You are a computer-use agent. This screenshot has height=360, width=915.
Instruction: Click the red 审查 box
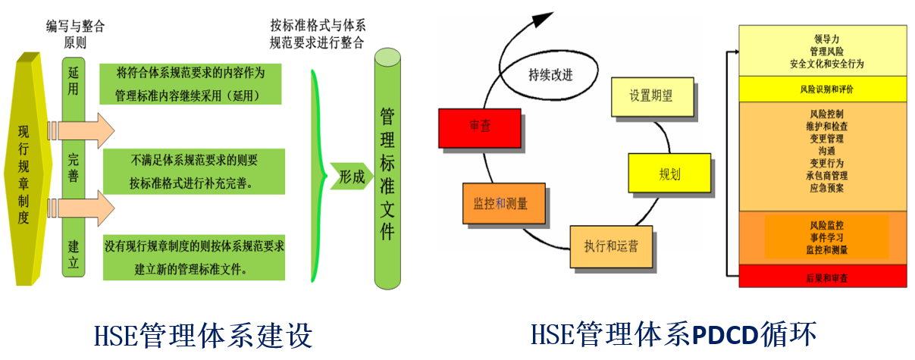coord(479,128)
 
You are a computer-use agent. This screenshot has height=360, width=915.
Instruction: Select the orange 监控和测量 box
coord(500,204)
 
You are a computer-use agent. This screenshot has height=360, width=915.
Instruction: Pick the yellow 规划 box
coord(669,174)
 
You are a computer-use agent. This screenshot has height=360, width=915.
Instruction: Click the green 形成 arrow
coord(351,177)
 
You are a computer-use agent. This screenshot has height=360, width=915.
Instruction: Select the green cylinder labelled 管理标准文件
coord(388,174)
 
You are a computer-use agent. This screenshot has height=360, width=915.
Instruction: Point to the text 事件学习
coord(826,237)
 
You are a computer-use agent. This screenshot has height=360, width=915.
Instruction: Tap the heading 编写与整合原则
coord(74,35)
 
